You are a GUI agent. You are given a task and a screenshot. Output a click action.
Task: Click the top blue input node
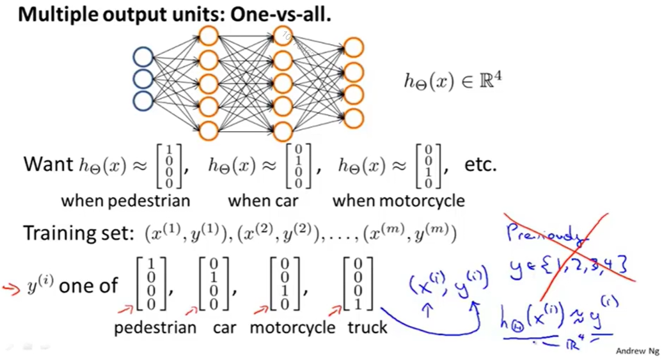point(143,58)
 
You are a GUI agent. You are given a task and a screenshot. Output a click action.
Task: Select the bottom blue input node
point(143,100)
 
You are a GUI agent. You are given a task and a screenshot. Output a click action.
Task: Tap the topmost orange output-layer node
point(354,47)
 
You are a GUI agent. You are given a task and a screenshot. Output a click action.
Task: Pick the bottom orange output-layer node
point(354,118)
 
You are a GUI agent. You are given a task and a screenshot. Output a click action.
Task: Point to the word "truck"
point(368,327)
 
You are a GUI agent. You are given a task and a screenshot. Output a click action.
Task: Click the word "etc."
point(480,164)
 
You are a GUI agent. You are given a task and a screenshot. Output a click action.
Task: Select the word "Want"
point(49,164)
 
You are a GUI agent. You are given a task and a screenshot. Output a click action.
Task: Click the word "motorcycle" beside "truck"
point(292,327)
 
